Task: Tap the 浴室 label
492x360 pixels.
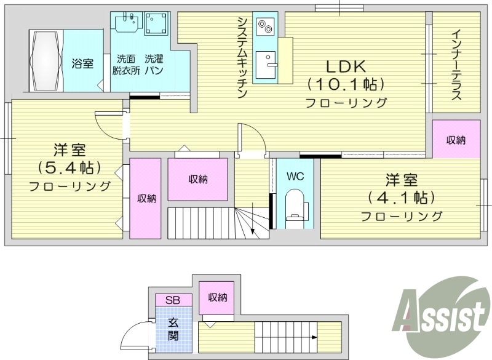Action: tap(82, 63)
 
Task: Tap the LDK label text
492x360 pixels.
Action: tap(346, 66)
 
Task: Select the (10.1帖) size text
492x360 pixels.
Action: tap(346, 84)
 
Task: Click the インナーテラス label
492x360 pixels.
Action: tap(456, 64)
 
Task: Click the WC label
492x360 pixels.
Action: tap(296, 176)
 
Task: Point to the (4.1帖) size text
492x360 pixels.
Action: tap(402, 198)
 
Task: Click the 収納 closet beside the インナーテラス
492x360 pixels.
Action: tap(456, 140)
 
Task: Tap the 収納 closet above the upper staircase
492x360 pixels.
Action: tap(198, 179)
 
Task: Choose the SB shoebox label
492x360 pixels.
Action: tap(173, 300)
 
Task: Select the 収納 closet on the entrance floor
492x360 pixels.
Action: tap(218, 298)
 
